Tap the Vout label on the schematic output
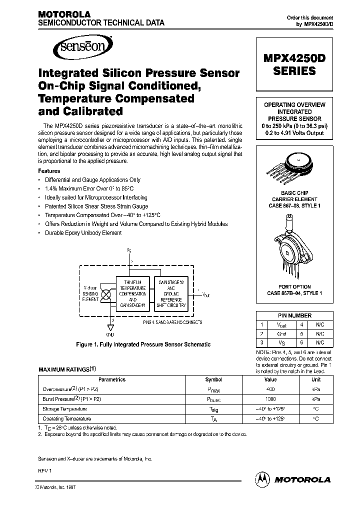(205, 295)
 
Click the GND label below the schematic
(110, 334)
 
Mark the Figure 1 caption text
(143, 344)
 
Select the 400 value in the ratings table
(270, 388)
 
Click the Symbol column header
(214, 379)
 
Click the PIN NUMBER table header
(294, 315)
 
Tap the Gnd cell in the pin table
(282, 333)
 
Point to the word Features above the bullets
(49, 171)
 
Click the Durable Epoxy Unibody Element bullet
(83, 232)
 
